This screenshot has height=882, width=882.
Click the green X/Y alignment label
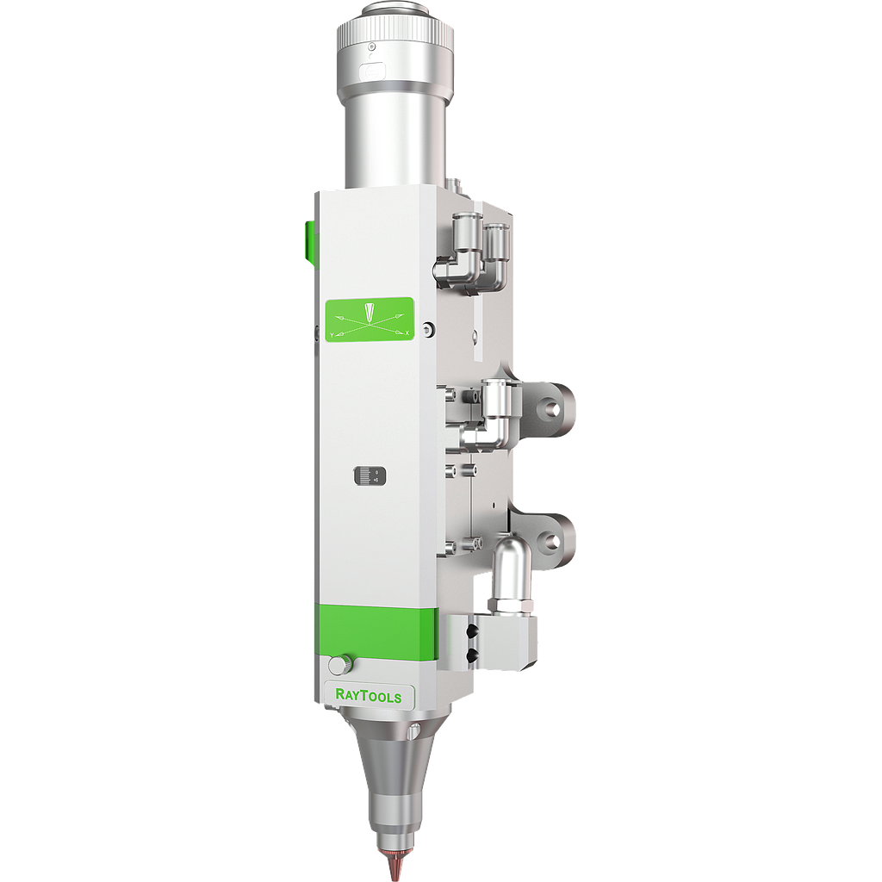point(369,320)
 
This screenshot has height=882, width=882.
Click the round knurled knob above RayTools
point(339,665)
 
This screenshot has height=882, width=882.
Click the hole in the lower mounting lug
point(551,541)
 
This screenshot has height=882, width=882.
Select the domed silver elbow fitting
point(510,560)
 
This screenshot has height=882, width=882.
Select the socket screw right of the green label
point(429,326)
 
